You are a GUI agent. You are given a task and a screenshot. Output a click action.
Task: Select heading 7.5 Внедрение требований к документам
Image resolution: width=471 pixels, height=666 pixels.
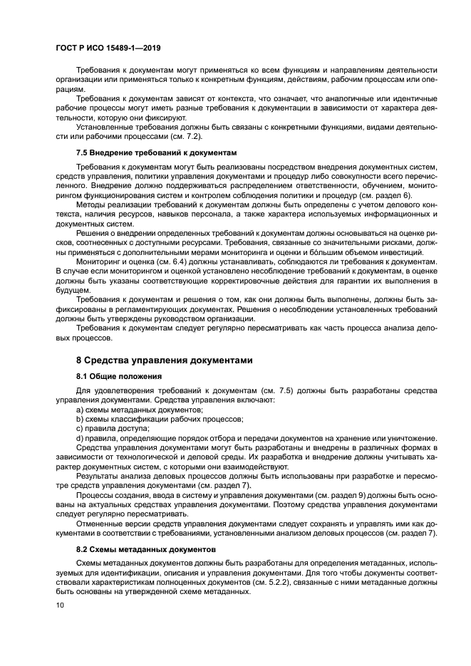click(156, 152)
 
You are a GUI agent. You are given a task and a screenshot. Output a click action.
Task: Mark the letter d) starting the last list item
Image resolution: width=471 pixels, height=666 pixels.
click(80, 438)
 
